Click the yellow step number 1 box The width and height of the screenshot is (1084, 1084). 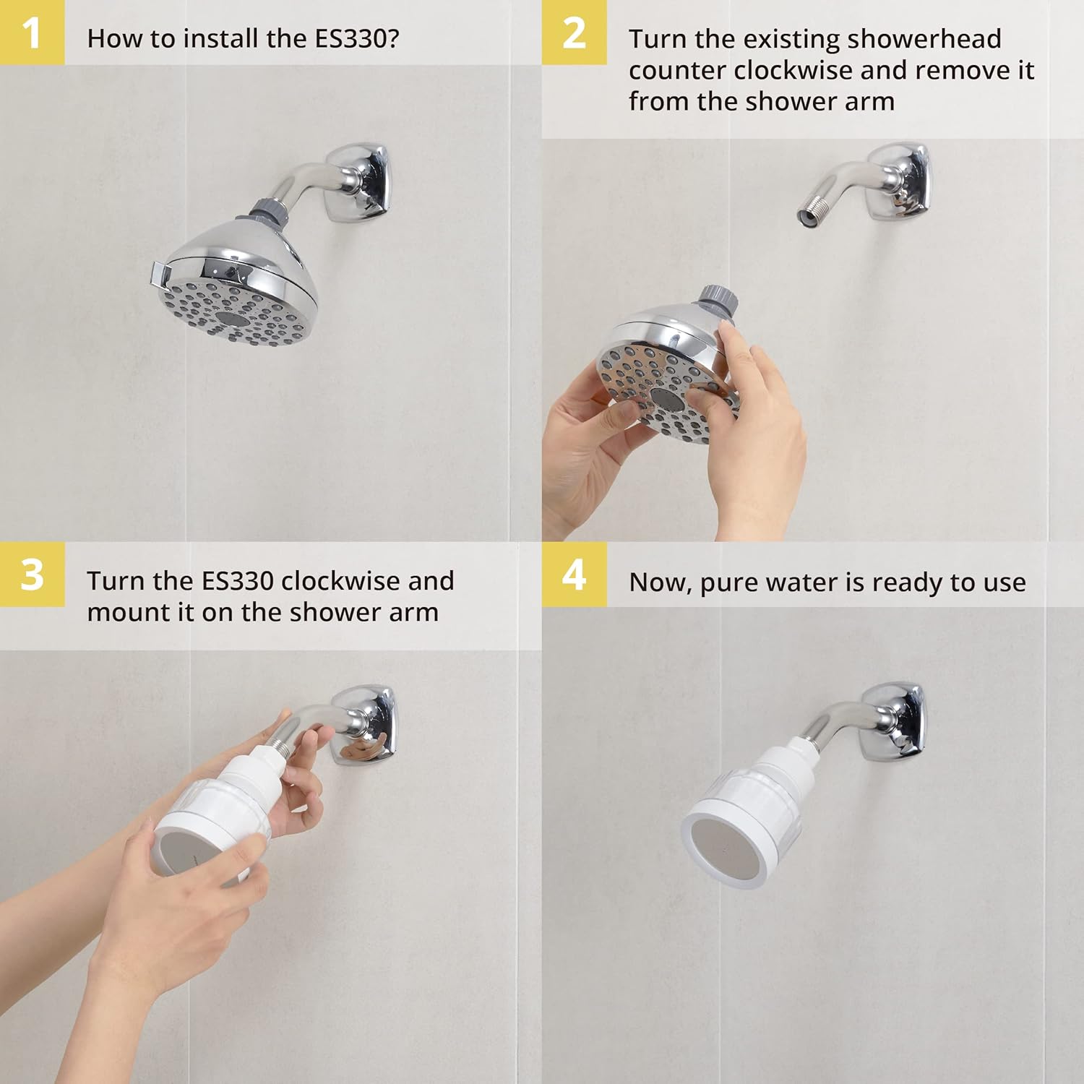coord(32,33)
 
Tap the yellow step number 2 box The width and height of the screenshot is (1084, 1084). coord(574,33)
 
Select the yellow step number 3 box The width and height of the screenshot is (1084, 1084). coord(32,575)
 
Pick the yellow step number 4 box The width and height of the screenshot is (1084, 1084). coord(574,575)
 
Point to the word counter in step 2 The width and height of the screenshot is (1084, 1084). coord(677,71)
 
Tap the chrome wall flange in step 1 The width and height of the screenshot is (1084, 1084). coord(358,183)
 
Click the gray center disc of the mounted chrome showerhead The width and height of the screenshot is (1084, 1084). coord(233,320)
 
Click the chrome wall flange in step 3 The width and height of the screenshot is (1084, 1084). coord(366,725)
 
